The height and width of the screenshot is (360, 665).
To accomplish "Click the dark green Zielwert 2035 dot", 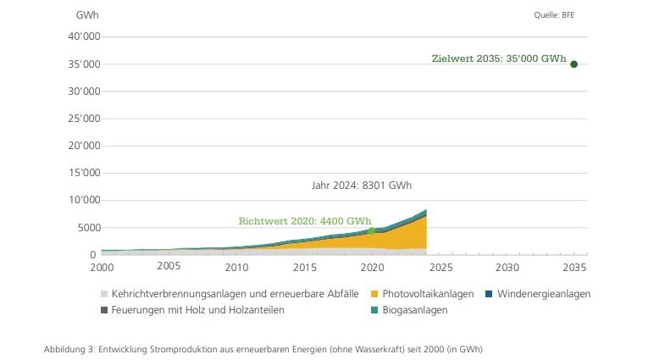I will pyautogui.click(x=574, y=64).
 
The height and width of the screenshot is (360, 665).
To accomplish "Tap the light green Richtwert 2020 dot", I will pyautogui.click(x=371, y=230).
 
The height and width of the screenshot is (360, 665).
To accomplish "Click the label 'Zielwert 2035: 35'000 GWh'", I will pyautogui.click(x=499, y=59).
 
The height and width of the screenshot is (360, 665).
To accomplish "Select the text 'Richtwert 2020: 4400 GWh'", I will pyautogui.click(x=305, y=221).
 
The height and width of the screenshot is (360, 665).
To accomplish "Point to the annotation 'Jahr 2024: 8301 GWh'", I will pyautogui.click(x=362, y=186).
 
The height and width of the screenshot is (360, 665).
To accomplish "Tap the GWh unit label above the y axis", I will pyautogui.click(x=86, y=16).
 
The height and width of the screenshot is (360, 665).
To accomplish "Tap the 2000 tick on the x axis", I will pyautogui.click(x=102, y=266).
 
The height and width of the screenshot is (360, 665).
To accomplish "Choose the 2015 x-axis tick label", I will pyautogui.click(x=304, y=266).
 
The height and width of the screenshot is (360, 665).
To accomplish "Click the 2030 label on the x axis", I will pyautogui.click(x=507, y=266).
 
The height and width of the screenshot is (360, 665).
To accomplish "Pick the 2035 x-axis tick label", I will pyautogui.click(x=574, y=266).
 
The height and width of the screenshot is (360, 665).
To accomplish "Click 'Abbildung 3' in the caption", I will pyautogui.click(x=69, y=349).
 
